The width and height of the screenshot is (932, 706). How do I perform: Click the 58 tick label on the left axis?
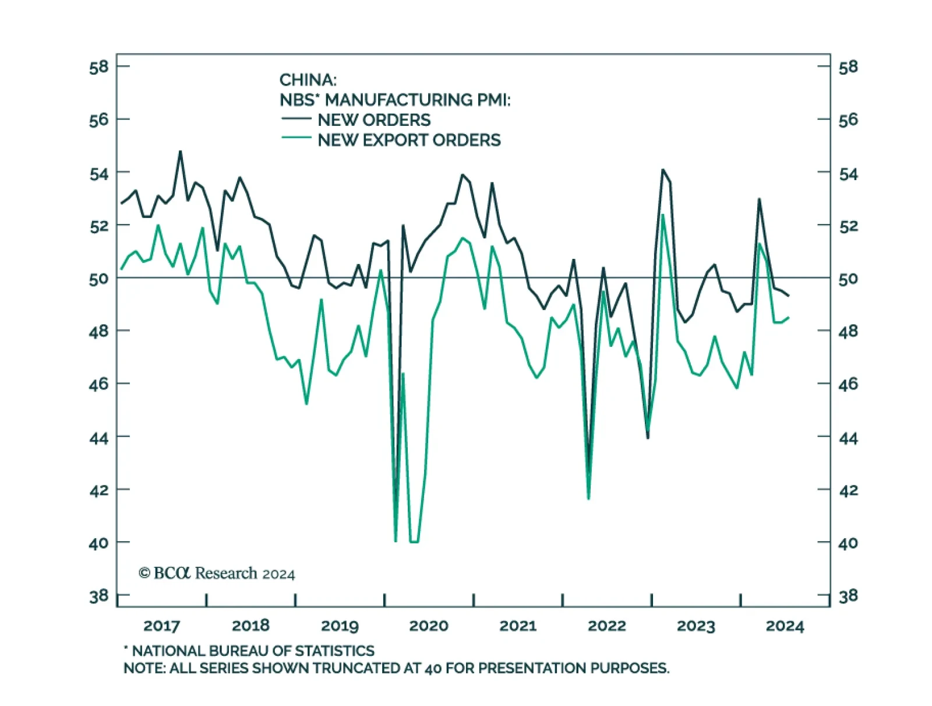click(x=98, y=67)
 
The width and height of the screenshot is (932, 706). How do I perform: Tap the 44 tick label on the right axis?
click(x=848, y=438)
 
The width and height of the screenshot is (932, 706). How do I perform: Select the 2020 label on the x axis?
click(x=428, y=626)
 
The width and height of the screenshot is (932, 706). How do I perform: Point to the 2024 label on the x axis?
click(x=785, y=626)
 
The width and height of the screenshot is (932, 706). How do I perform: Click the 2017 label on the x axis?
click(x=161, y=626)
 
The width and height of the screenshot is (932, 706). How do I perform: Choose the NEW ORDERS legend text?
click(x=374, y=120)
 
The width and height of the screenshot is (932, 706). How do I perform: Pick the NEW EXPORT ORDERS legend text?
click(x=409, y=141)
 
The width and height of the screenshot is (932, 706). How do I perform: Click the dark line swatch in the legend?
click(x=296, y=119)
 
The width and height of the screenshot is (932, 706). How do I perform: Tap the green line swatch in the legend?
click(x=296, y=139)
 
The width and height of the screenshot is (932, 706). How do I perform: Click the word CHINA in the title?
click(x=308, y=80)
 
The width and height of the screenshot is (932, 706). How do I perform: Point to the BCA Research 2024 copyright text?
click(x=217, y=574)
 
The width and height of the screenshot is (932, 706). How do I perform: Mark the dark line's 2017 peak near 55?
click(x=180, y=152)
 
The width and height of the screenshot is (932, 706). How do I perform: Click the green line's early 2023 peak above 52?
click(x=663, y=215)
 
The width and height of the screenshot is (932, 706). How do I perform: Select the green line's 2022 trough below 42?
click(x=588, y=498)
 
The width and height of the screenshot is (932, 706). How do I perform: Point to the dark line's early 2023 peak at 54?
click(x=662, y=170)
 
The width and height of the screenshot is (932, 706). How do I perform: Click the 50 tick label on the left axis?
click(x=98, y=279)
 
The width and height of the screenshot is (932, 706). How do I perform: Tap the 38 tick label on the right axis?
click(x=848, y=596)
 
